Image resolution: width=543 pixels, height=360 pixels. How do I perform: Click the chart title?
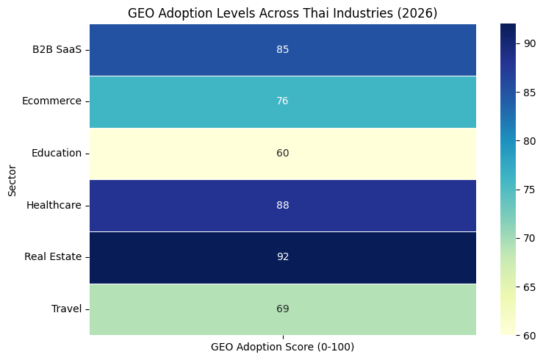click(282, 12)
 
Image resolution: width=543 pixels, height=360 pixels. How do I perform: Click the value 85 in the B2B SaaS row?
click(282, 49)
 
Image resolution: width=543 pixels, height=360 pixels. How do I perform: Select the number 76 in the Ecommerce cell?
click(282, 101)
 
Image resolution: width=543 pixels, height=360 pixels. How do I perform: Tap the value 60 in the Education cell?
click(282, 153)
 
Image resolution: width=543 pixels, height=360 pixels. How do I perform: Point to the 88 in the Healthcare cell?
click(282, 205)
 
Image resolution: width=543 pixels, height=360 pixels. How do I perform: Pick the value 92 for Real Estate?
click(282, 257)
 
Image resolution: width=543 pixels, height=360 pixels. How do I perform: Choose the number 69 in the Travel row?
click(282, 309)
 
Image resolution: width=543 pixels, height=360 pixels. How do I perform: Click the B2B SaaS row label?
click(57, 49)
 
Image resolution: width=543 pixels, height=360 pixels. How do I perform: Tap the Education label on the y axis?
click(57, 153)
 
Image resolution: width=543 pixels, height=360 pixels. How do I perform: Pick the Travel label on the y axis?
click(66, 309)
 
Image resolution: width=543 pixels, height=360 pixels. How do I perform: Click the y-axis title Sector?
click(12, 179)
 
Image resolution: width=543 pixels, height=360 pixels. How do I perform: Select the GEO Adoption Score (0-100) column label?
click(282, 347)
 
